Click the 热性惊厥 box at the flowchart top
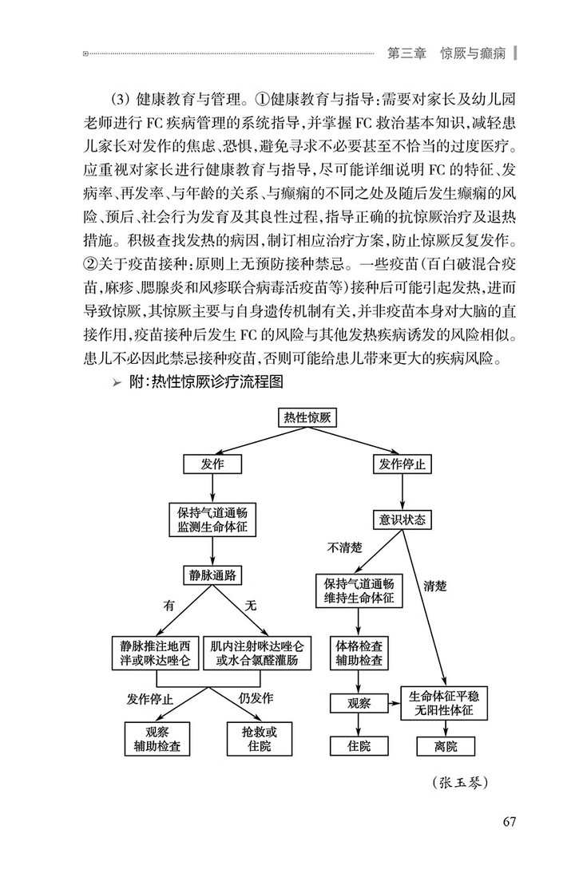[307, 417]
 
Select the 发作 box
[212, 464]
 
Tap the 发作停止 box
[403, 464]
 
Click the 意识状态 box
[403, 519]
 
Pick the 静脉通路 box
[212, 574]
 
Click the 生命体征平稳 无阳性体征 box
[446, 702]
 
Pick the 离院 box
[446, 745]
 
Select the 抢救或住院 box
[256, 739]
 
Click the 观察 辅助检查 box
[157, 739]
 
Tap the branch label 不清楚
[346, 548]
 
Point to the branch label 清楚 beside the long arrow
[434, 587]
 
